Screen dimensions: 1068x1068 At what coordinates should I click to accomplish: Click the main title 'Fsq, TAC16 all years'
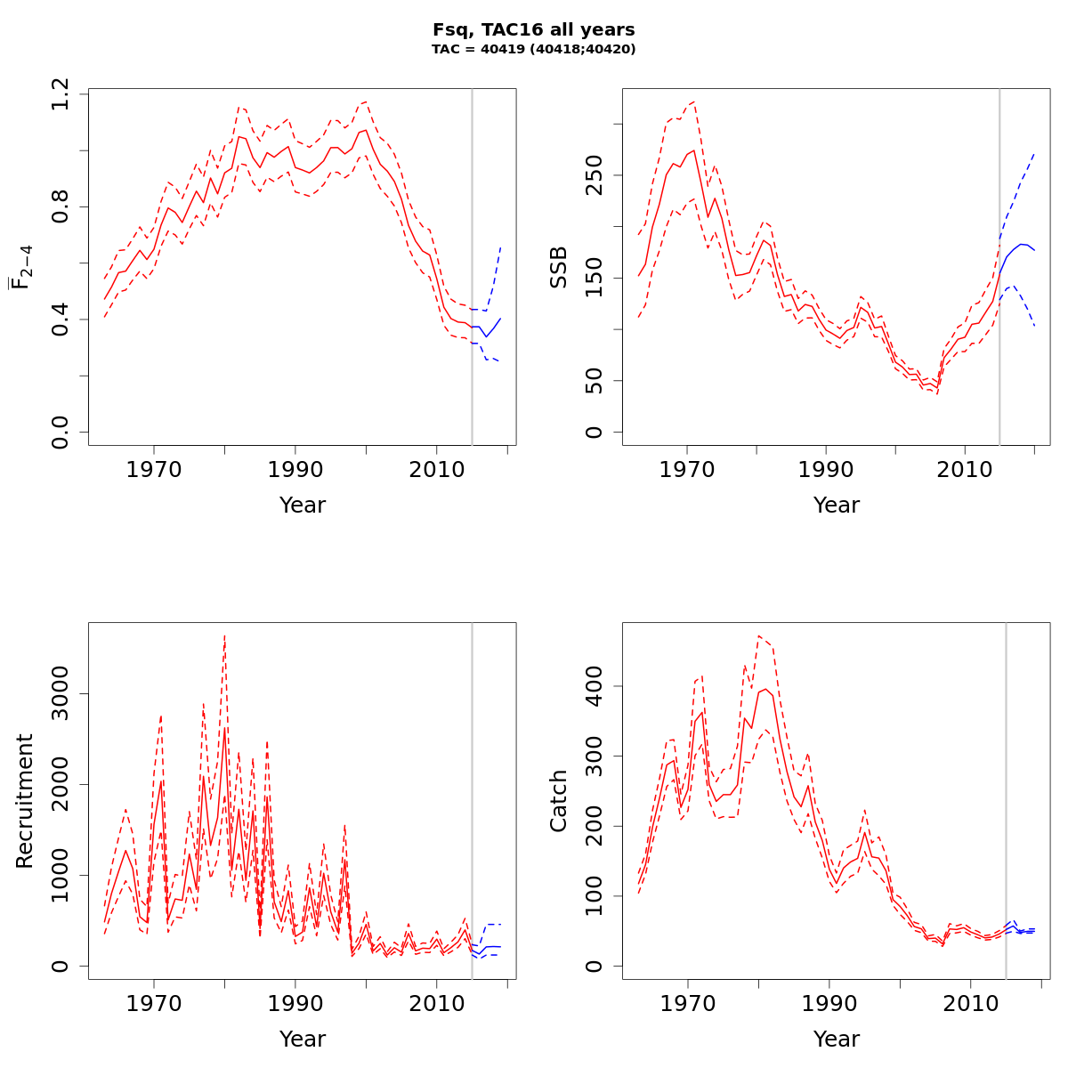tap(534, 30)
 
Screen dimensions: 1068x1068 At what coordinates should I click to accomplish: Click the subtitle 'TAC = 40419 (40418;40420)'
tap(534, 50)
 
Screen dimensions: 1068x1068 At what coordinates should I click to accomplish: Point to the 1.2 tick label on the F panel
tap(61, 93)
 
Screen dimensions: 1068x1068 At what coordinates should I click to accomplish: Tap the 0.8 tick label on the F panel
tap(61, 206)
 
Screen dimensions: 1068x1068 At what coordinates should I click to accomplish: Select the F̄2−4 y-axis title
tap(21, 267)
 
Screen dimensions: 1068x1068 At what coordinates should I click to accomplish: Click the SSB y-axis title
tap(558, 267)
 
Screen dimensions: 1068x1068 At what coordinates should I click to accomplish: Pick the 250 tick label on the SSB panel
tap(595, 174)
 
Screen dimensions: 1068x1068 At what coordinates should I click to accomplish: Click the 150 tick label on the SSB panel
tap(595, 278)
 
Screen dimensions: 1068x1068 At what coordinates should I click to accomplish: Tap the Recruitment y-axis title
tap(24, 801)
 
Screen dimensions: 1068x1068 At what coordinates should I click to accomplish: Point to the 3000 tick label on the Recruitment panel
tap(61, 693)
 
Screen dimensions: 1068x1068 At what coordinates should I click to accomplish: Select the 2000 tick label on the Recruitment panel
tap(61, 784)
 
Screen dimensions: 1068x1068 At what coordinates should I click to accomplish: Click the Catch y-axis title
tap(558, 801)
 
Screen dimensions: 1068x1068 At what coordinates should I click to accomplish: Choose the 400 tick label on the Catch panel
tap(595, 686)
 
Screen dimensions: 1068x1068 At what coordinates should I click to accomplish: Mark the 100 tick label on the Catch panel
tap(595, 896)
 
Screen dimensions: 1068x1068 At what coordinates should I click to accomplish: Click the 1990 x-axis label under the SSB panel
tap(826, 469)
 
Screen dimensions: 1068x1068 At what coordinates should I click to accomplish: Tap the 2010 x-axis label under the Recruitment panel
tap(435, 1003)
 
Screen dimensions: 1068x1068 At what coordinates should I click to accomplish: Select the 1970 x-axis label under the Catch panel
tap(687, 1003)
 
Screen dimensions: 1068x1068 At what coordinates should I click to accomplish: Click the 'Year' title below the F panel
tap(303, 506)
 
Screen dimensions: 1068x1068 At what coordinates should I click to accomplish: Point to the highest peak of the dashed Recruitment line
tap(224, 635)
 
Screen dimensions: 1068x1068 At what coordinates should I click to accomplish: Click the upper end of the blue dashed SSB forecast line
tap(1034, 153)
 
